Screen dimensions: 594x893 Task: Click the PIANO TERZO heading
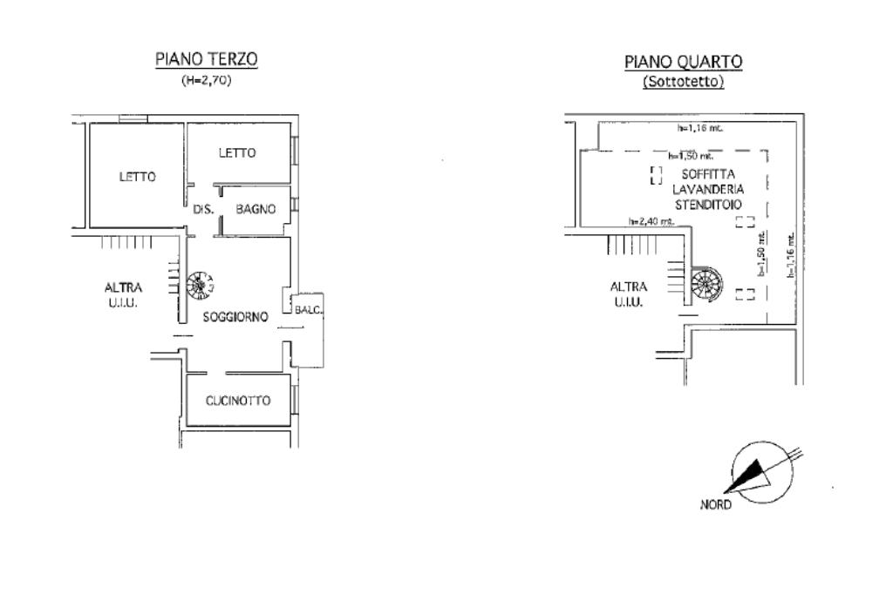tap(207, 59)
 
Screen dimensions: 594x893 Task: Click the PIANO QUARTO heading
tap(683, 62)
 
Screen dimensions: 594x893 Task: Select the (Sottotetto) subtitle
tap(683, 83)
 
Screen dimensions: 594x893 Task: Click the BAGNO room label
tap(256, 209)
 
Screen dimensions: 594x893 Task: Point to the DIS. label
tap(203, 209)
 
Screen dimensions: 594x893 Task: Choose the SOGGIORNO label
tap(235, 318)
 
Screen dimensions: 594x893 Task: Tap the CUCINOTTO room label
tap(238, 401)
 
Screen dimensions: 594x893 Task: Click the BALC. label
tap(310, 310)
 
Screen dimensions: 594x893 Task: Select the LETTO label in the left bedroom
tap(137, 177)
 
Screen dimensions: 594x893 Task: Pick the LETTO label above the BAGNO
tap(237, 153)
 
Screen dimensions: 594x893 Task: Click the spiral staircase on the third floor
tap(201, 284)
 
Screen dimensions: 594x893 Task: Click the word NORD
tap(716, 505)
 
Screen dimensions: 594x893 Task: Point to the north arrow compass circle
tap(760, 471)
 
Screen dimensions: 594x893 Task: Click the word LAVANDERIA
tap(707, 189)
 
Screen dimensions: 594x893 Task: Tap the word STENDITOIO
tap(707, 203)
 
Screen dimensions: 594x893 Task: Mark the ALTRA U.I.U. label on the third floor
tap(123, 295)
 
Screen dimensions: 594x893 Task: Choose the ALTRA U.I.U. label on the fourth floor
tap(628, 294)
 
